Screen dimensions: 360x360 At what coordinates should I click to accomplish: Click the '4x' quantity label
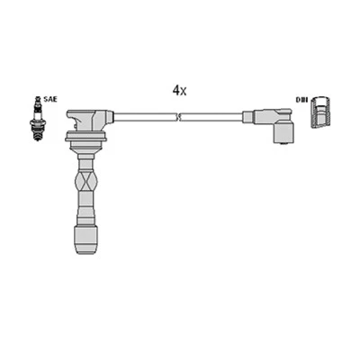pyautogui.click(x=180, y=91)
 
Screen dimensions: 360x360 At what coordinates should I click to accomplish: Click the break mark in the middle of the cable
pyautogui.click(x=180, y=116)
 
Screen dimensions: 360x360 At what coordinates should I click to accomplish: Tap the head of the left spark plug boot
pyautogui.click(x=90, y=120)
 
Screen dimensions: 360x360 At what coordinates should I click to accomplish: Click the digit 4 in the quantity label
pyautogui.click(x=176, y=91)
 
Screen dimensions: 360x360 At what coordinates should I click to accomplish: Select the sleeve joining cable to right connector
pyautogui.click(x=249, y=116)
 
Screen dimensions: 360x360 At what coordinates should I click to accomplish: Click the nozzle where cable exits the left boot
pyautogui.click(x=109, y=116)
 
